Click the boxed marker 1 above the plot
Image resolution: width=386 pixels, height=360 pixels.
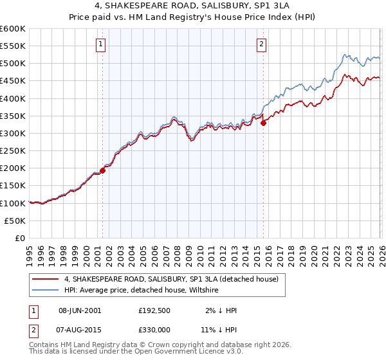pyautogui.click(x=102, y=44)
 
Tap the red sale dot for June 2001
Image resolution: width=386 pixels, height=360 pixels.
pyautogui.click(x=102, y=170)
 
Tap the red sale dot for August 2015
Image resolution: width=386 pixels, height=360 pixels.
pyautogui.click(x=263, y=123)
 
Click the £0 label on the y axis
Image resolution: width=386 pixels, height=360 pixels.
pyautogui.click(x=19, y=238)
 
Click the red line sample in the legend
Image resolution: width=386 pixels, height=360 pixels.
pyautogui.click(x=46, y=280)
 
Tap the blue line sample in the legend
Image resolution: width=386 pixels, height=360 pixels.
pyautogui.click(x=46, y=291)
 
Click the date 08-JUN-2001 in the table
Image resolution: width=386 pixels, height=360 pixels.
pyautogui.click(x=80, y=310)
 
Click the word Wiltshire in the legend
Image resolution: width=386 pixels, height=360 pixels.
pyautogui.click(x=202, y=291)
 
